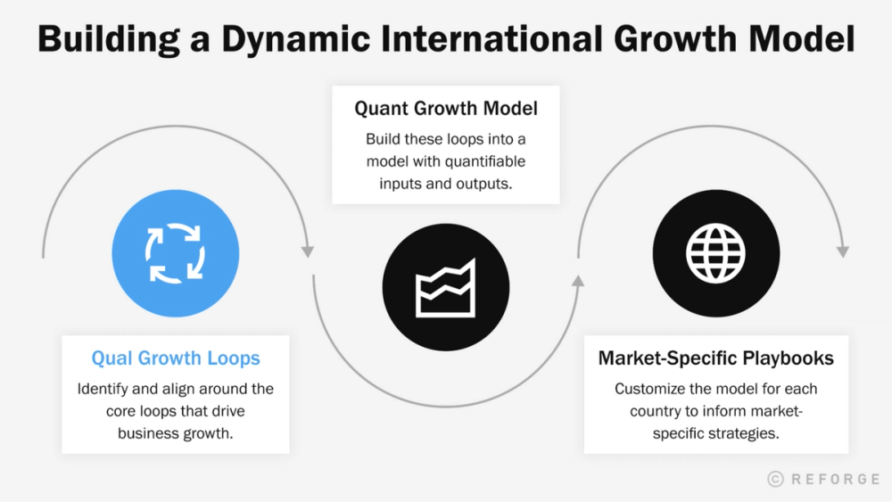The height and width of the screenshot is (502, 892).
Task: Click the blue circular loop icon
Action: (x=175, y=253)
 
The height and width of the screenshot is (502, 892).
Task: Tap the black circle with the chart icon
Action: (x=446, y=287)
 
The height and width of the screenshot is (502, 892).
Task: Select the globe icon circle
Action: (x=715, y=253)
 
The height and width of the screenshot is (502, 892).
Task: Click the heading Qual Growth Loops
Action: (x=176, y=358)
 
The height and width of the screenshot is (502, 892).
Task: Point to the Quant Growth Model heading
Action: (x=446, y=108)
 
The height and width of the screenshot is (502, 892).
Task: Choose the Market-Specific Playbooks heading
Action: (x=715, y=358)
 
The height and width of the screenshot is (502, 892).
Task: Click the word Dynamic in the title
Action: (x=295, y=39)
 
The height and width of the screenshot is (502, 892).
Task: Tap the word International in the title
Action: (x=491, y=38)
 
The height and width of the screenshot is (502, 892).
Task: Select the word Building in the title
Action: (x=109, y=39)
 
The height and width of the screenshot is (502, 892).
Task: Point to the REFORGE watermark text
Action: (x=836, y=479)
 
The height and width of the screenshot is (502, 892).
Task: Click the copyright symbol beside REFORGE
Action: (x=775, y=479)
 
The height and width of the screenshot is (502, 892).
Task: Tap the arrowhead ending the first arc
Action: (x=308, y=251)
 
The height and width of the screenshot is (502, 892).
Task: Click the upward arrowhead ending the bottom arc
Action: (x=578, y=281)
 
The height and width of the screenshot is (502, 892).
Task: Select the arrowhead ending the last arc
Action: (x=843, y=251)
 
